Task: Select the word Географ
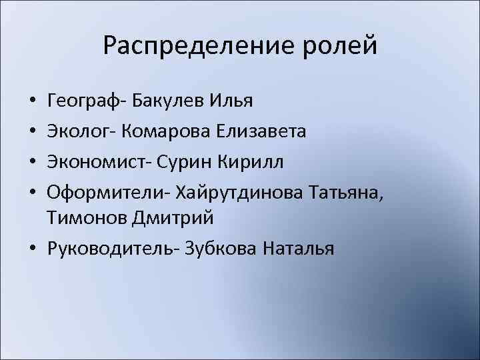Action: (85, 102)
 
